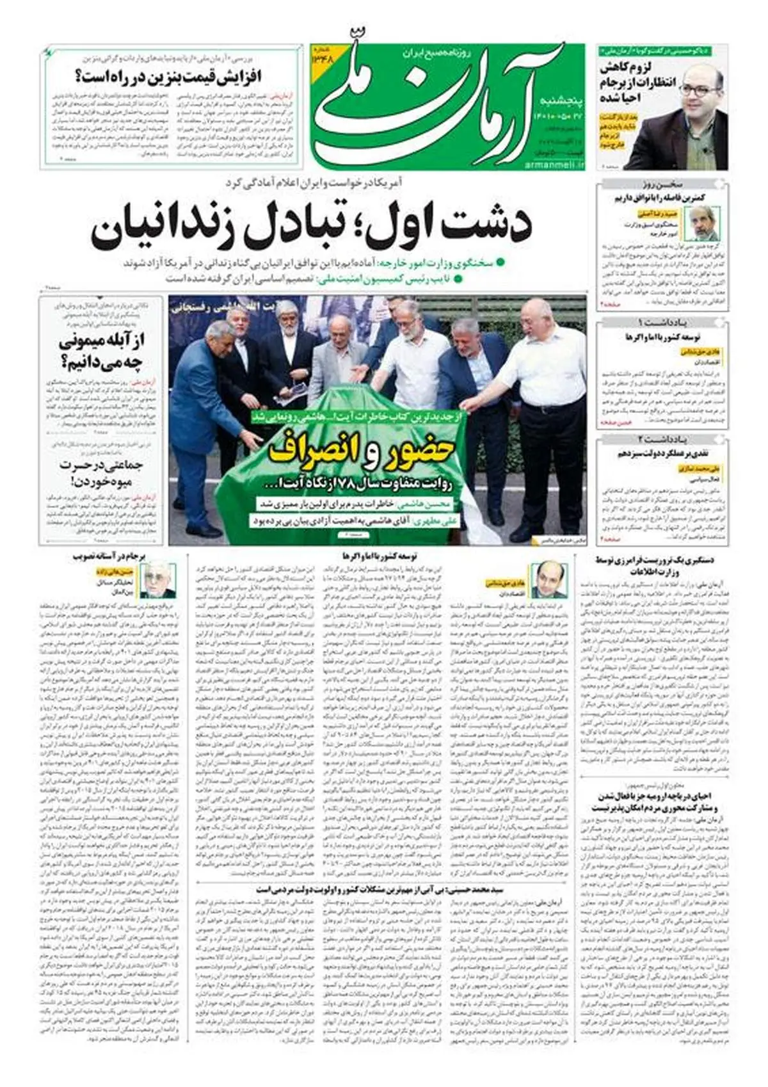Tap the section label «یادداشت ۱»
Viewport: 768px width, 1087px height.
click(x=662, y=322)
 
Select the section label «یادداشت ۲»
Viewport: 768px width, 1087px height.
click(x=662, y=439)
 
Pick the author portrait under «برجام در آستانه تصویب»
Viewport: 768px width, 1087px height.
click(x=157, y=581)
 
